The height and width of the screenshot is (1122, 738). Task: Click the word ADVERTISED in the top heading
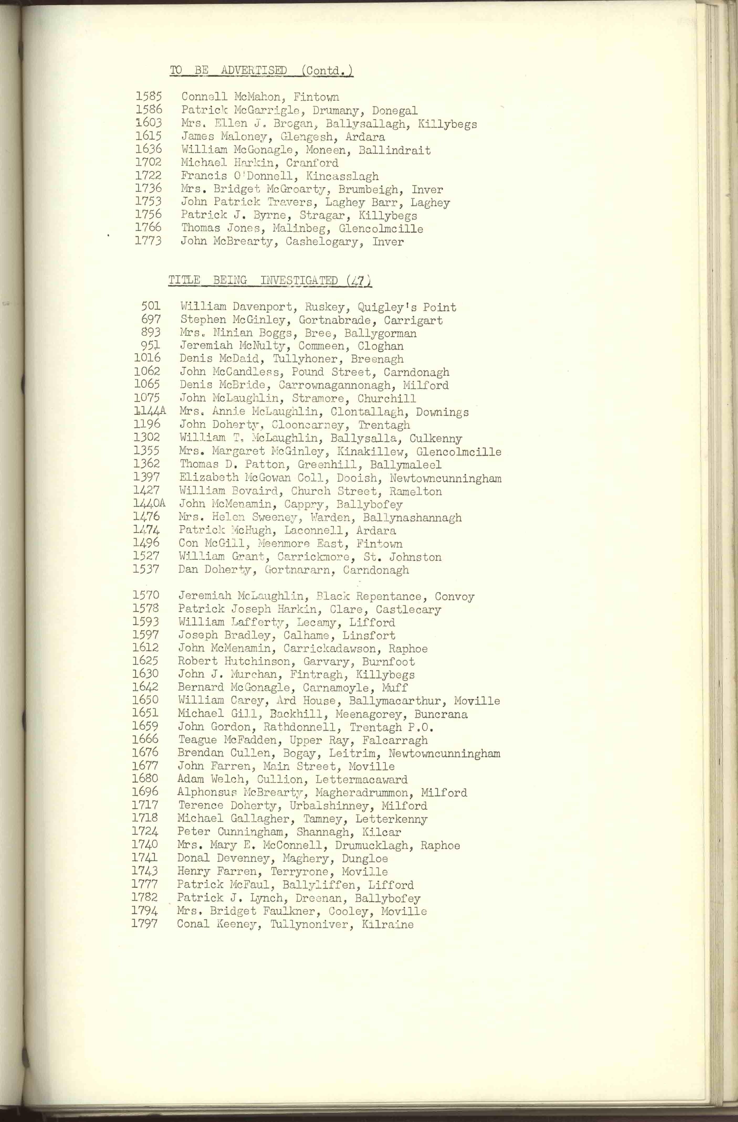(254, 71)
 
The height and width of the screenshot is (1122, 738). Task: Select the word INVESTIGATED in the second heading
(299, 280)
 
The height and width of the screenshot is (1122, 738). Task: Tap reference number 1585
(149, 97)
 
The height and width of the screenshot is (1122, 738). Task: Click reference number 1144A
(150, 411)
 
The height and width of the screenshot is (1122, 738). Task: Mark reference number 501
(151, 306)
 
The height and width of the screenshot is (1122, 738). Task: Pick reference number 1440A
(149, 504)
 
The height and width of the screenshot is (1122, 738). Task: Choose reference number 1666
(145, 739)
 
